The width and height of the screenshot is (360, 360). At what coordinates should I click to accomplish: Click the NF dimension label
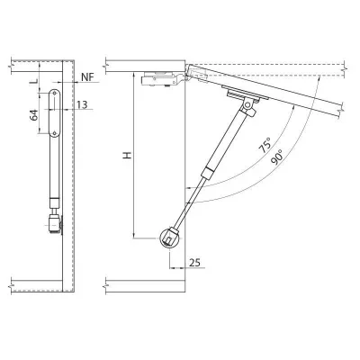coord(87,77)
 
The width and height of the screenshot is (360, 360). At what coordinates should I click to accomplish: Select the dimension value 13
coord(82,104)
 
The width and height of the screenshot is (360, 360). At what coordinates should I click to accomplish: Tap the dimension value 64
coord(34,115)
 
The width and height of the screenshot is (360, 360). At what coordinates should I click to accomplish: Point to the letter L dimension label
coord(35,81)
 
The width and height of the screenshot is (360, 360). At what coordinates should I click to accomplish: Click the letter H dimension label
coord(128,156)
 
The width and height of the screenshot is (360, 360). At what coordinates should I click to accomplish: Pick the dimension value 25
coord(194,263)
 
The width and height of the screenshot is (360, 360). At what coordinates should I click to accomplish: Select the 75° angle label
coord(265,146)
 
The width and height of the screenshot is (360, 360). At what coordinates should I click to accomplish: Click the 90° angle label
coord(276,157)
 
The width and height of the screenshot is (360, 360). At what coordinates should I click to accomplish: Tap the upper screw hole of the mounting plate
coord(54,94)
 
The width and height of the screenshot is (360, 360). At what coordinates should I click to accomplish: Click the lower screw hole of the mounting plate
coord(54,133)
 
